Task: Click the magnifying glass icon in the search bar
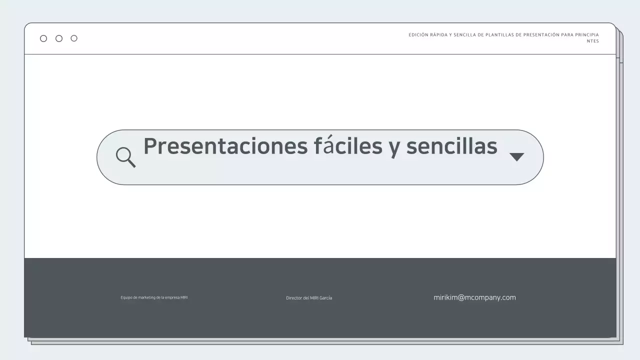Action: pos(125,156)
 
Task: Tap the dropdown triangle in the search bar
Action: pos(516,157)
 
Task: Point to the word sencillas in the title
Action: pos(451,146)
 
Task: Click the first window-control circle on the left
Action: pos(43,38)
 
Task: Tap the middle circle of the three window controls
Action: pos(59,38)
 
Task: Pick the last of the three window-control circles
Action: pos(74,38)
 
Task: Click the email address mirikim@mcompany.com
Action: pos(474,297)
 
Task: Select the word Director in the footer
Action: pos(294,298)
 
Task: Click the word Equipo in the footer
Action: pos(126,297)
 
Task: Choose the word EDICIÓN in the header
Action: pos(418,35)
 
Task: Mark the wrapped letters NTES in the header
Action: pos(593,41)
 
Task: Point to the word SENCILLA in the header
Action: pos(465,35)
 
